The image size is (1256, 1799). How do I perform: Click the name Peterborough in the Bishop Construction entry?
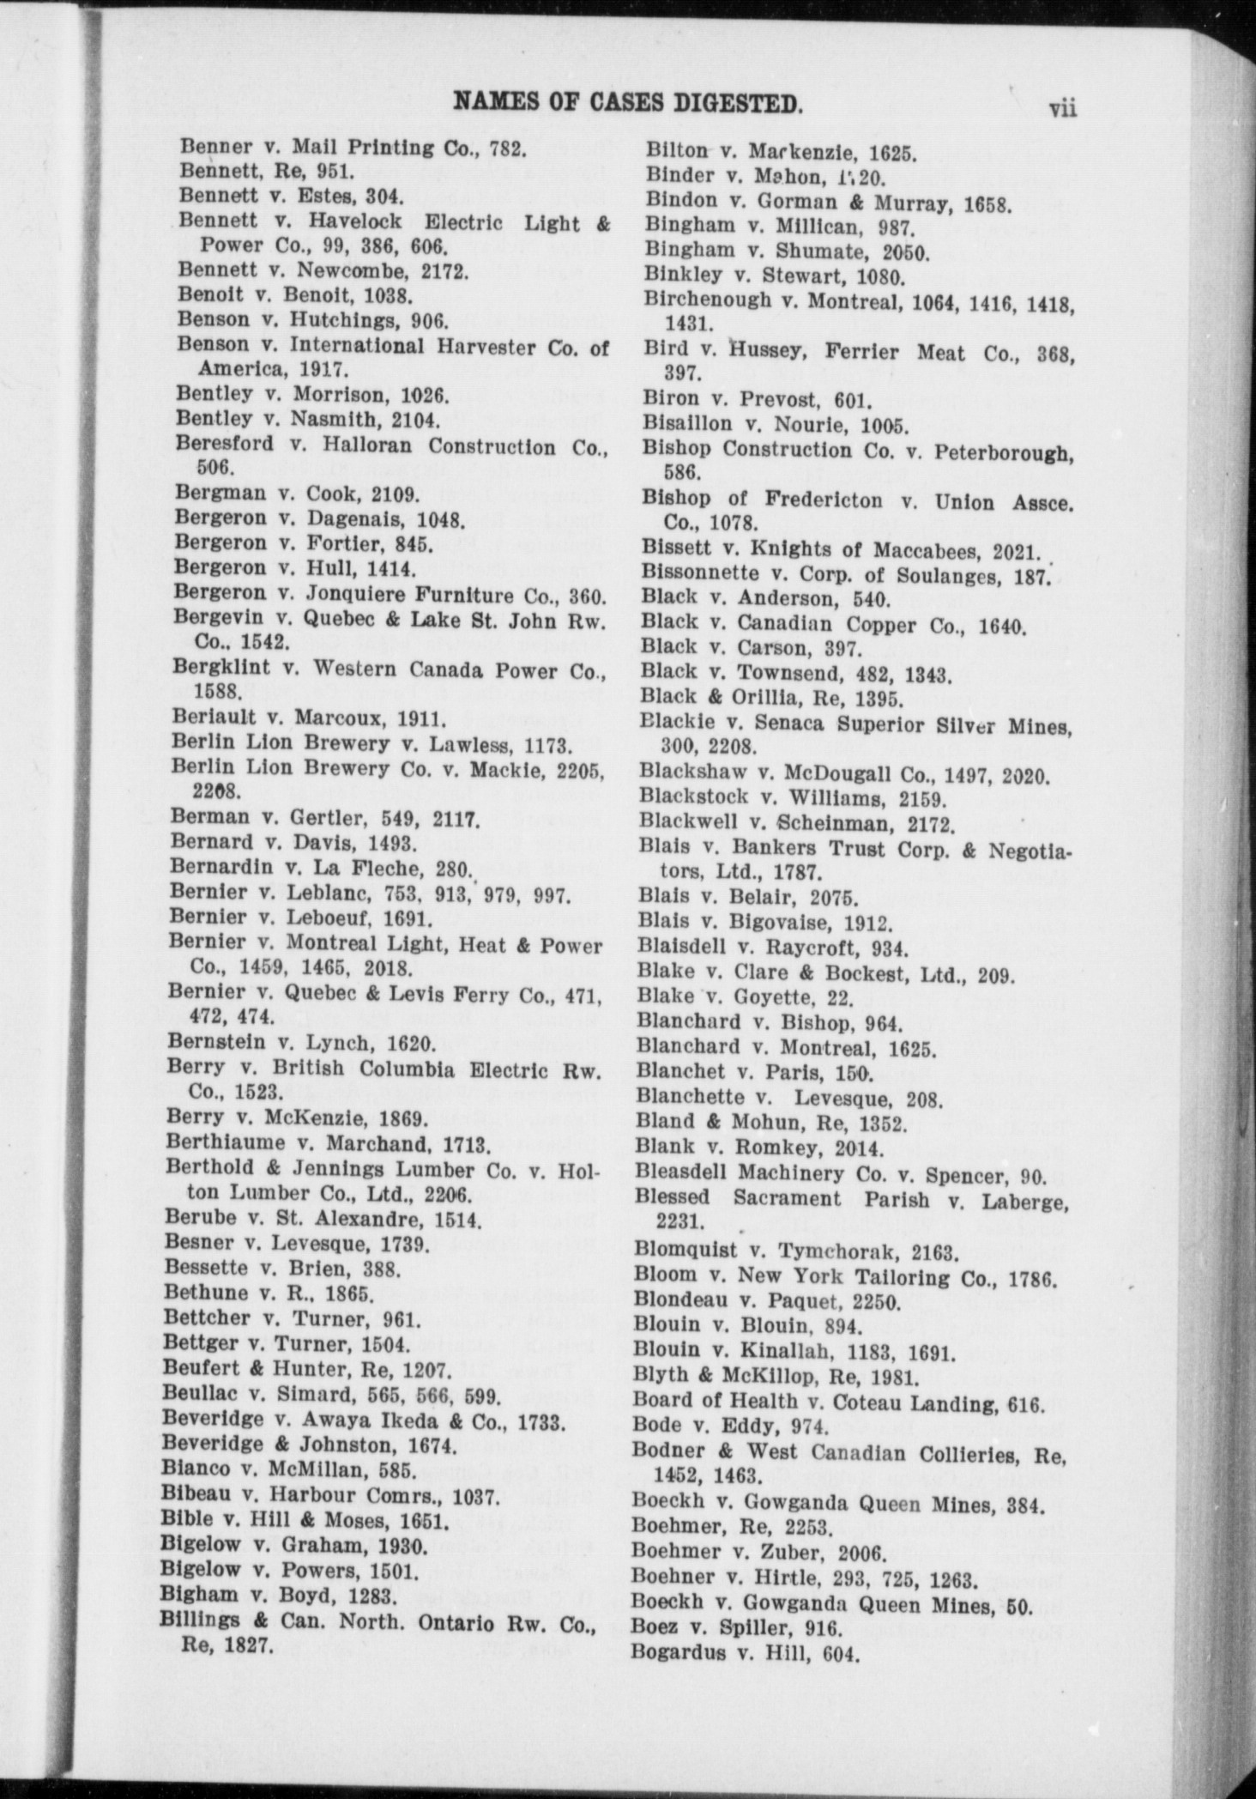coord(1020,450)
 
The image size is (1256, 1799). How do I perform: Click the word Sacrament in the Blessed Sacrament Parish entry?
coord(787,1198)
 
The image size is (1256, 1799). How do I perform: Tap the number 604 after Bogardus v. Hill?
coord(840,1652)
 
